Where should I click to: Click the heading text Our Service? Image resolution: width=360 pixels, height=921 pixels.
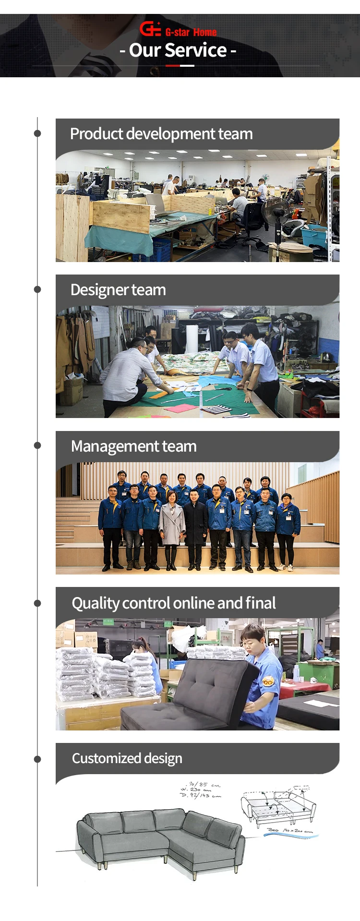coord(178,50)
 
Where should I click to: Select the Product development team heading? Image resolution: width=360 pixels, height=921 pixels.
coord(161,134)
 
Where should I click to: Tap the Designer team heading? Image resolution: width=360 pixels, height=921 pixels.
coord(118,290)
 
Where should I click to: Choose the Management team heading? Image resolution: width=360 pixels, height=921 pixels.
coord(133,446)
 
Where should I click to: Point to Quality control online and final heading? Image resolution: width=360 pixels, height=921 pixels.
coord(174,603)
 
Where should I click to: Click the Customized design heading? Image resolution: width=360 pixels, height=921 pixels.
coord(127,758)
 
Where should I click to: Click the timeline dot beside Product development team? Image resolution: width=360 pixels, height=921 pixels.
coord(37,133)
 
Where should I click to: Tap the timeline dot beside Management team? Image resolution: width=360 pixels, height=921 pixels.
coord(37,445)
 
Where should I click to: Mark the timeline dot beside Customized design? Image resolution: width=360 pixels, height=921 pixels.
coord(37,759)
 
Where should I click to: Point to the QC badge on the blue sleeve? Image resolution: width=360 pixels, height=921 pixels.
coord(267,681)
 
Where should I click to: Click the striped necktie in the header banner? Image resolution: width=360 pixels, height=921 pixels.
coord(98,65)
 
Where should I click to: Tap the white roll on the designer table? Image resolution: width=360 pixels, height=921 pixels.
coord(192,339)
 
